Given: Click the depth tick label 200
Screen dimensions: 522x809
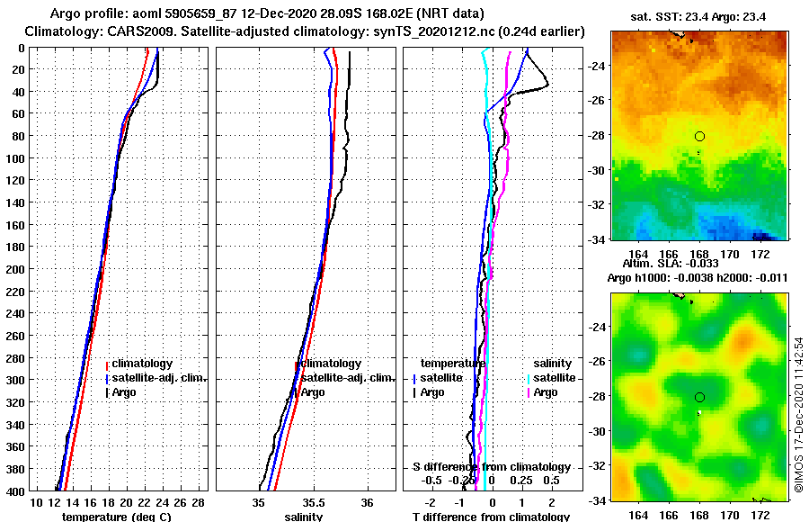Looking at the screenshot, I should click(x=13, y=268).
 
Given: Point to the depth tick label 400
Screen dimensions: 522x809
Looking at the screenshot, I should click(x=13, y=490).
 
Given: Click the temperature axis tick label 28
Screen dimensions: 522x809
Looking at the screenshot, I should click(x=198, y=502).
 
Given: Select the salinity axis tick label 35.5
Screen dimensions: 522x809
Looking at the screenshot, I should click(x=313, y=502).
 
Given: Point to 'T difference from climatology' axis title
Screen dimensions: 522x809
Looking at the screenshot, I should click(x=491, y=517).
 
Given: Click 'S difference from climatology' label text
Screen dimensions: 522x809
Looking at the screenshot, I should click(x=491, y=467).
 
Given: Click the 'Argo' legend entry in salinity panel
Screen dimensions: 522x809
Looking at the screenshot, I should click(x=313, y=392).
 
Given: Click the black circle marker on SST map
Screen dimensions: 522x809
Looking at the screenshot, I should click(x=699, y=136).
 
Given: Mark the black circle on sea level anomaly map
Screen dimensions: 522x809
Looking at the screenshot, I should click(x=699, y=397).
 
